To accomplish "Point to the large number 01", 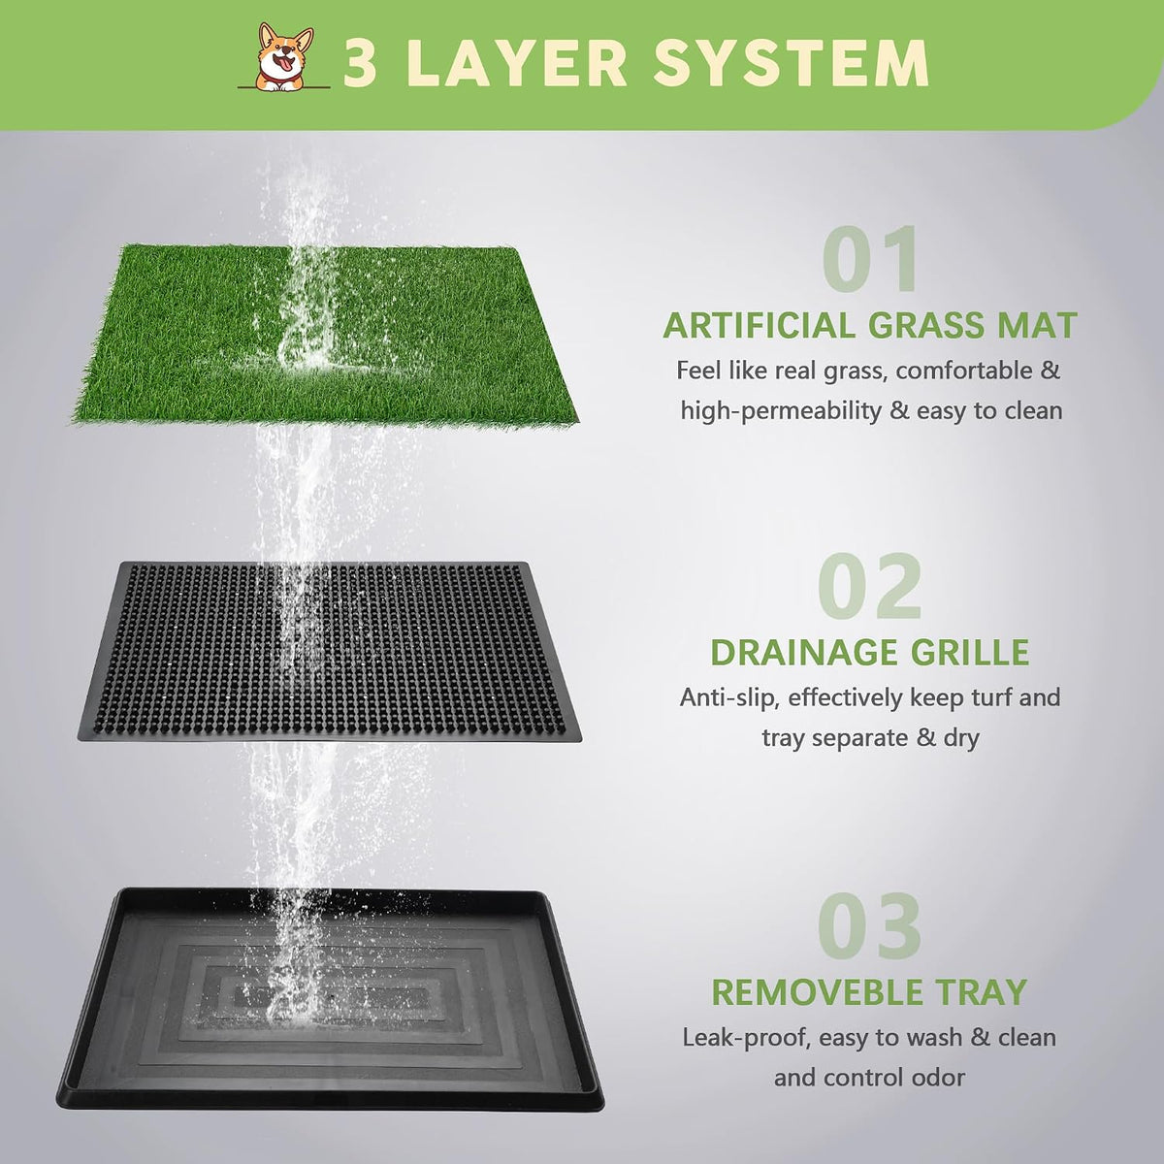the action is tap(870, 260).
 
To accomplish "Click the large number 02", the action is tap(870, 587).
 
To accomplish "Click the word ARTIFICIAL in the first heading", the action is tap(760, 326).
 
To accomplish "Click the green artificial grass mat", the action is tap(325, 336).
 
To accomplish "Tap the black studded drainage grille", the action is tap(329, 651).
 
